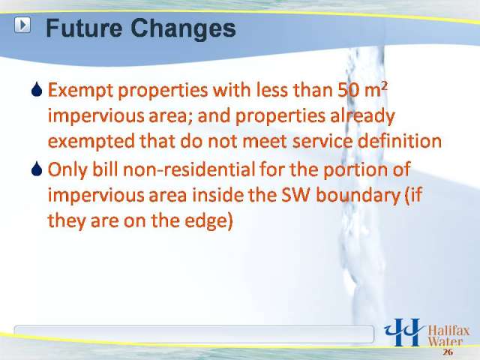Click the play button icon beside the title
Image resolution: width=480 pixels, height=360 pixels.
[x=22, y=25]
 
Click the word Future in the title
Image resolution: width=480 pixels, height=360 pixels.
[x=83, y=28]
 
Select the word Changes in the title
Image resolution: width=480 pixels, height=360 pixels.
[x=183, y=29]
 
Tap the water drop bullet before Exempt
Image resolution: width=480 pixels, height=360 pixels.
[x=37, y=90]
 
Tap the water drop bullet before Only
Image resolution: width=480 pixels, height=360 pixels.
[x=37, y=169]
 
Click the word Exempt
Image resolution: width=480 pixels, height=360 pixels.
[x=81, y=91]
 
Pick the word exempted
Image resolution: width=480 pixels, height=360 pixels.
[x=91, y=142]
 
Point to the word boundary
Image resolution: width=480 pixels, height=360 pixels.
[x=358, y=196]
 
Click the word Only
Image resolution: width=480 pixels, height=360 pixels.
[x=67, y=170]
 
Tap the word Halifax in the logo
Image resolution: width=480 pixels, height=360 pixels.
[x=448, y=331]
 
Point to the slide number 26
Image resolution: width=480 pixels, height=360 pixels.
[x=448, y=352]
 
